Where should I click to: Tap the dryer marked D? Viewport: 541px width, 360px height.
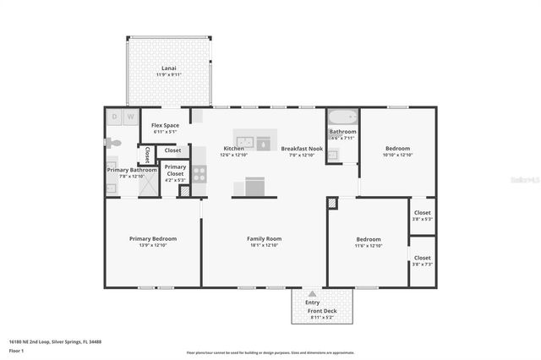(115, 117)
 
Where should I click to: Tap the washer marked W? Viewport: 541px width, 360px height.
(131, 117)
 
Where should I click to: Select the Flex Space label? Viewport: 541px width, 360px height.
(165, 125)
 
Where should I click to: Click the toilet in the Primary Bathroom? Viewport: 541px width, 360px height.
(114, 144)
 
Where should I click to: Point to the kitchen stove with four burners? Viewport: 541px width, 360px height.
(199, 173)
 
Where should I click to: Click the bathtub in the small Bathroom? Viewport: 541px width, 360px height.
(342, 117)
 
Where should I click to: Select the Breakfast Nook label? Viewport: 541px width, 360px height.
(302, 148)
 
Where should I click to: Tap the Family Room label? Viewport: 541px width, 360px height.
(263, 239)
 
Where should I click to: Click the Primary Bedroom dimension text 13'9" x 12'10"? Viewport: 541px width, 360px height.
(152, 245)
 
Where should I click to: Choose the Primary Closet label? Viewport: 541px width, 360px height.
(175, 170)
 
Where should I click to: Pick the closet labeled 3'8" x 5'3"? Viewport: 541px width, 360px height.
(422, 215)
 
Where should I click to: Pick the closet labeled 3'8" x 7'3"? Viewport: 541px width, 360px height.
(422, 260)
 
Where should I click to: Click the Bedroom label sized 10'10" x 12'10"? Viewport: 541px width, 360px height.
(397, 148)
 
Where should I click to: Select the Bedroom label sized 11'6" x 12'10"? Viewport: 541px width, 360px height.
(368, 239)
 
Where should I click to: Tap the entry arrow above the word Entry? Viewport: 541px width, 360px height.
(313, 293)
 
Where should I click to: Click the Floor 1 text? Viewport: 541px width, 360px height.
(15, 350)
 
